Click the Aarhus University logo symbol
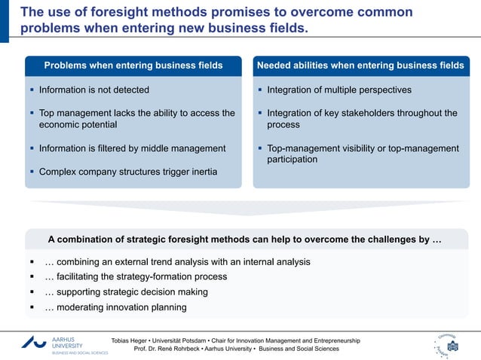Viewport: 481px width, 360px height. point(35,342)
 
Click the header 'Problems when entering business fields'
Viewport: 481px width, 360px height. point(133,66)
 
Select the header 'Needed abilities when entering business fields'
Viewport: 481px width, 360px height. point(360,66)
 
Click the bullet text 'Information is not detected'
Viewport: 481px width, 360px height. point(94,90)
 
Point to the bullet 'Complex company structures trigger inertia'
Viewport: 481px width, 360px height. point(128,172)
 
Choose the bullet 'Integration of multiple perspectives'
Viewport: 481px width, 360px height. point(339,90)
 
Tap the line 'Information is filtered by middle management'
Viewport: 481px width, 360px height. point(132,148)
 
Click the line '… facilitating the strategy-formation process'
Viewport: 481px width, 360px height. point(136,276)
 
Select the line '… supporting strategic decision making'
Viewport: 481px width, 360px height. point(126,291)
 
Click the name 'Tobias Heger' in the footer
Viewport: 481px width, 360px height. point(130,340)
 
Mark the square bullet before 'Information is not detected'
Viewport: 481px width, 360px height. point(32,90)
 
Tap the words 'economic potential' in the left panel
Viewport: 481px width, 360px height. point(78,125)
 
